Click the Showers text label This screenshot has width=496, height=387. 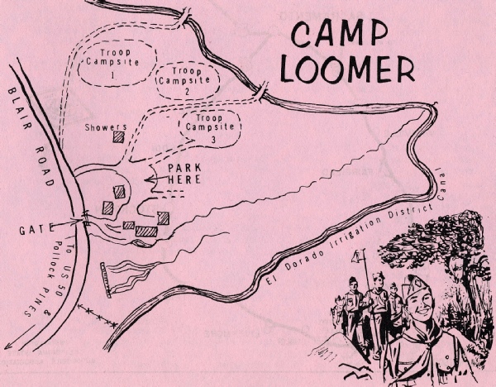pyautogui.click(x=106, y=127)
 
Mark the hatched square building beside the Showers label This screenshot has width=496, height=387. pyautogui.click(x=119, y=138)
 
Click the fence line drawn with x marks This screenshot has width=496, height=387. pyautogui.click(x=102, y=315)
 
